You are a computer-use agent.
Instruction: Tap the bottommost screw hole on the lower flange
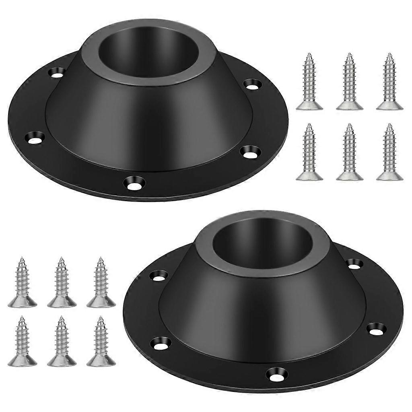[277, 374]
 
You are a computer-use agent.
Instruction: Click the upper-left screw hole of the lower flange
[159, 275]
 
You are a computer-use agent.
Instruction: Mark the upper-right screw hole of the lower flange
[354, 264]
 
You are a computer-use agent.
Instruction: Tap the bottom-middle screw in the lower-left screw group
[62, 341]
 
